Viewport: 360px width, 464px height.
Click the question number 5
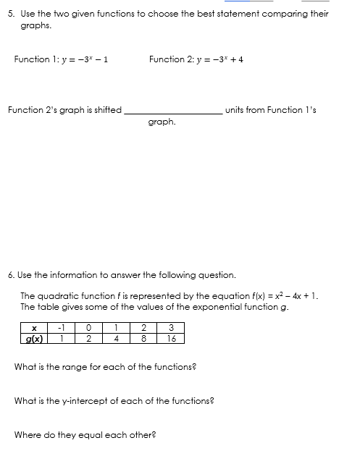click(10, 13)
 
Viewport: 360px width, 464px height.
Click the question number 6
click(10, 275)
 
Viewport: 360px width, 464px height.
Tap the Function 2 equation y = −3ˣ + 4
click(216, 59)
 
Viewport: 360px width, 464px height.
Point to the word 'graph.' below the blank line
click(162, 122)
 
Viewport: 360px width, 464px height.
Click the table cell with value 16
click(172, 337)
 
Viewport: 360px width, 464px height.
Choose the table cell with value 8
click(144, 337)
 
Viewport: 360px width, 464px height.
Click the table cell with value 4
click(116, 337)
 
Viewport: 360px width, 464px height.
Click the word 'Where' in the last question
click(28, 435)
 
